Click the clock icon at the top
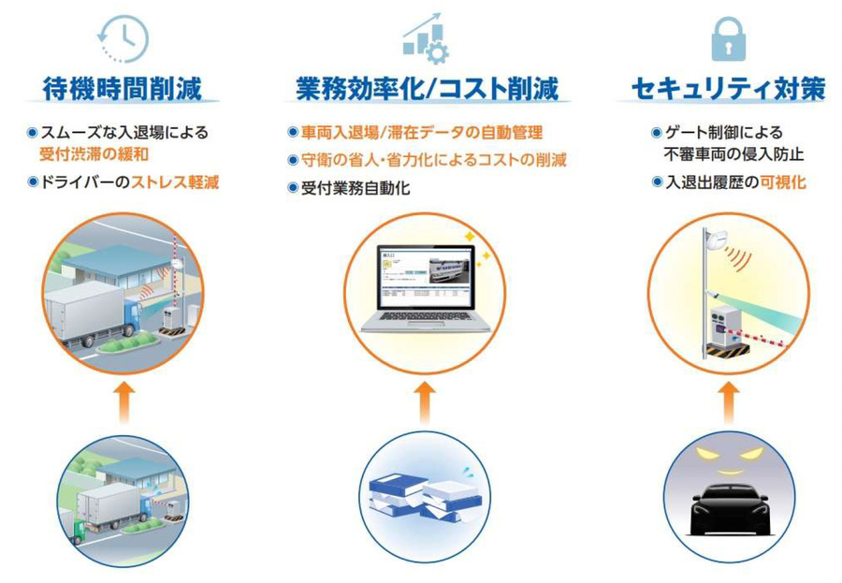point(123,38)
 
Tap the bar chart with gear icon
point(426,38)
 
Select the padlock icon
point(728,38)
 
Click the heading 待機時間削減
point(123,89)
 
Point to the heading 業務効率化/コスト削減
point(427,89)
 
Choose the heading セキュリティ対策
point(728,89)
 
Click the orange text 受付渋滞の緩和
point(94,154)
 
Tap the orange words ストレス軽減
point(175,182)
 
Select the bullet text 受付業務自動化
point(356,188)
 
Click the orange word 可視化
point(783,182)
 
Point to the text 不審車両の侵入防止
point(734,154)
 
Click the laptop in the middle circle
point(426,289)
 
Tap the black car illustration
point(729,509)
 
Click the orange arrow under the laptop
point(425,403)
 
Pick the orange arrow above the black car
point(729,403)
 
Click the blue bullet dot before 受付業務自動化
point(293,188)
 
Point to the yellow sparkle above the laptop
point(471,236)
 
